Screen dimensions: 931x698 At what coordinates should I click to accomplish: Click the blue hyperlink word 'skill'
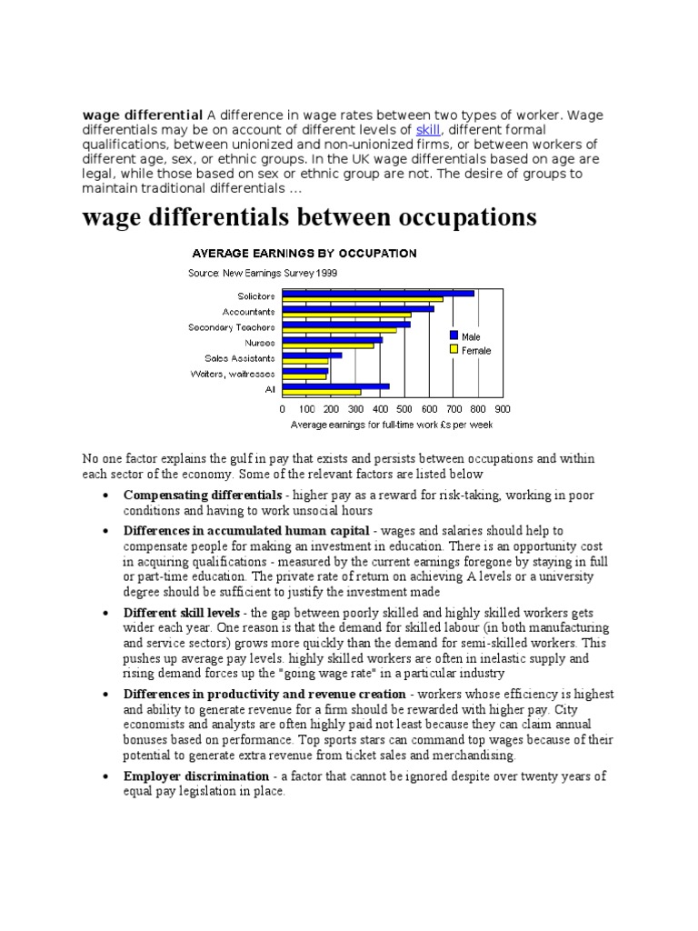click(x=428, y=130)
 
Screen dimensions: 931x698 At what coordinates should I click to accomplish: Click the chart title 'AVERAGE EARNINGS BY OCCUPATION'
click(x=302, y=253)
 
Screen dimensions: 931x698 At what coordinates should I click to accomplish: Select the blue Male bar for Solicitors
click(x=378, y=293)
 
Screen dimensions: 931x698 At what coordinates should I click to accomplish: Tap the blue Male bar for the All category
click(x=336, y=386)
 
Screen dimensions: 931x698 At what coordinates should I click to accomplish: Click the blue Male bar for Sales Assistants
click(x=313, y=355)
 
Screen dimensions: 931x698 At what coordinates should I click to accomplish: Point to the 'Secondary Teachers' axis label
click(x=231, y=327)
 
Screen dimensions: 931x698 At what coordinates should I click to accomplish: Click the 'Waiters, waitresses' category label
click(x=232, y=373)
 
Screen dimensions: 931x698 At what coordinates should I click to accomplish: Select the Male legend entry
click(x=471, y=336)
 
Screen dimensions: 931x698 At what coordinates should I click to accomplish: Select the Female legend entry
click(x=474, y=350)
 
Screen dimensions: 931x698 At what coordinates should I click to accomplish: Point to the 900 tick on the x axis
click(x=503, y=409)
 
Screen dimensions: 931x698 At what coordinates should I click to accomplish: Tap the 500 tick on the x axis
click(x=404, y=409)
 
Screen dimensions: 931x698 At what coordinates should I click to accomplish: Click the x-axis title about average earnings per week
click(x=392, y=425)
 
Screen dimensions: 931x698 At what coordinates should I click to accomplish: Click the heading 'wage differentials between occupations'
click(x=310, y=218)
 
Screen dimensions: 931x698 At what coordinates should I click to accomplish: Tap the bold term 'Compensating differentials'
click(x=203, y=496)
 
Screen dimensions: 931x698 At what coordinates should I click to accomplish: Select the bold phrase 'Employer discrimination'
click(x=195, y=776)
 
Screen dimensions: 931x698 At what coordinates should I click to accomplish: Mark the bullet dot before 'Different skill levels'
click(x=106, y=614)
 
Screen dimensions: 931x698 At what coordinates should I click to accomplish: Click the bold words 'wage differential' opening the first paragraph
click(x=143, y=115)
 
